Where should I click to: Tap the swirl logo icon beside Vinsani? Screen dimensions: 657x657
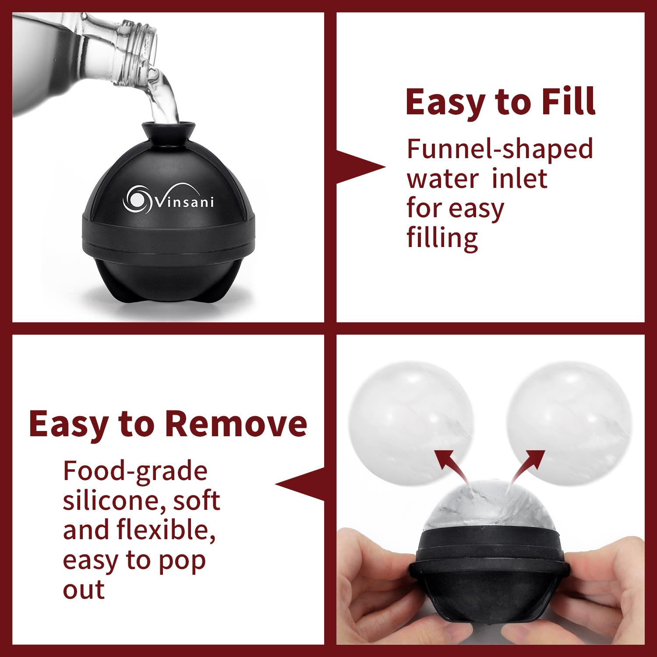click(138, 198)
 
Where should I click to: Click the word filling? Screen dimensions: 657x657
click(442, 237)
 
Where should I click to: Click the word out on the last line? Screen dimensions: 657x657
click(84, 589)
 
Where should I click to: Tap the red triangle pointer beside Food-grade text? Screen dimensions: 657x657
click(300, 484)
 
